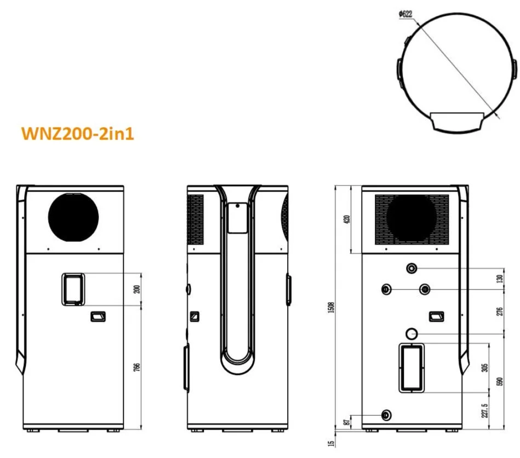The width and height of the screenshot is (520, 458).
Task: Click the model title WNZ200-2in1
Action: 77,134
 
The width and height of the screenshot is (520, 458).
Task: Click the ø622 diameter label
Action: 405,15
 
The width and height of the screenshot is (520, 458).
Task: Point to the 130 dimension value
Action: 499,278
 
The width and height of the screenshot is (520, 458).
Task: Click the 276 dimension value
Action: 499,311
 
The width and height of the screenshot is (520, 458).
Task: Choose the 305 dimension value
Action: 484,368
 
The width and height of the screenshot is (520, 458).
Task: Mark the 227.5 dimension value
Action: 484,410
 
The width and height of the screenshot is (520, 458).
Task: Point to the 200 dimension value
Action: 137,289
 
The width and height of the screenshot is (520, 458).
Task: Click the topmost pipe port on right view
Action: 412,268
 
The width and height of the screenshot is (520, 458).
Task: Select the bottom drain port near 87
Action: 387,414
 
